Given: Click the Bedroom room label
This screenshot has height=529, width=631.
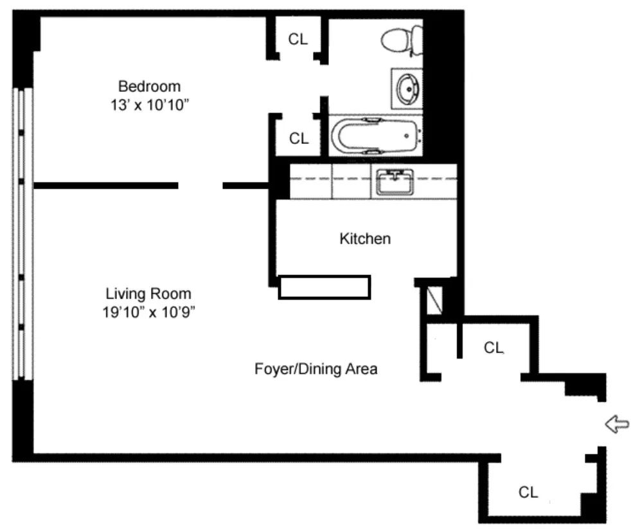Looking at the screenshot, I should click(149, 85).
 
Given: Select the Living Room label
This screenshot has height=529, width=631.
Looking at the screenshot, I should click(148, 294).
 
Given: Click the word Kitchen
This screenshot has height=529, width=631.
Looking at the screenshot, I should click(364, 239).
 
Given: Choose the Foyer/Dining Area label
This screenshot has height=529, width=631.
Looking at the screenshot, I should click(315, 370).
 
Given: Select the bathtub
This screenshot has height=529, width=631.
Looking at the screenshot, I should click(375, 136).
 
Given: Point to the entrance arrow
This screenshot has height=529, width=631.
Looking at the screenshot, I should click(617, 424).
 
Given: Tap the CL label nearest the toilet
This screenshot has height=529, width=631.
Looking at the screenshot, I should click(298, 39).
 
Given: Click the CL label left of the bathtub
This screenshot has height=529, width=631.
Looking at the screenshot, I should click(299, 138).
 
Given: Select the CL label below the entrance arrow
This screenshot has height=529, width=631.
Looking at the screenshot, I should click(528, 492).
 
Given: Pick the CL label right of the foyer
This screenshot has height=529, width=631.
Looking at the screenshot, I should click(493, 348).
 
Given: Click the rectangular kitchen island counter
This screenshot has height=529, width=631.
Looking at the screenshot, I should click(324, 287).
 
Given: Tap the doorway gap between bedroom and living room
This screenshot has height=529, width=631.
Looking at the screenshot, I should click(200, 186).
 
